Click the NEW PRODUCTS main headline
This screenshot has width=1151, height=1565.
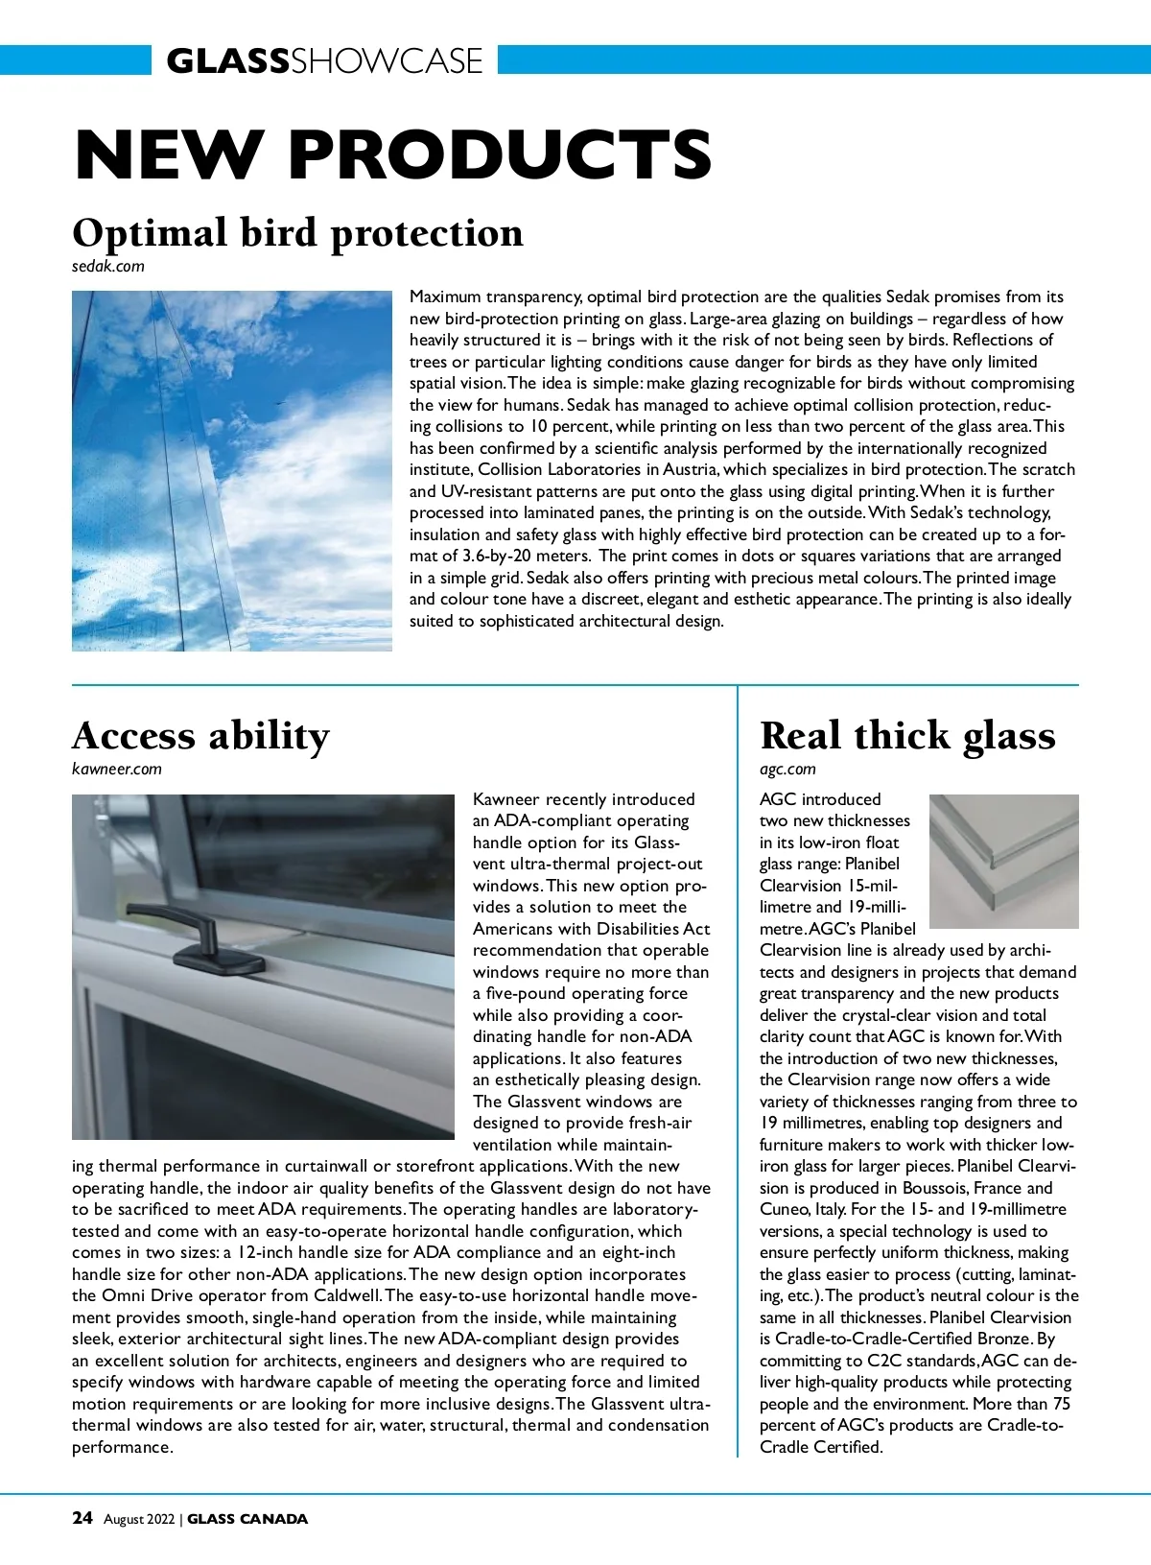[393, 154]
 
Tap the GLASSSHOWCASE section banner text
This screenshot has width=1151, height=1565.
[324, 61]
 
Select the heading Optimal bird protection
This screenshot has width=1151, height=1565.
[297, 233]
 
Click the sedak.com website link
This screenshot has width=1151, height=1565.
[108, 267]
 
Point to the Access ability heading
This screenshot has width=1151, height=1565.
[200, 736]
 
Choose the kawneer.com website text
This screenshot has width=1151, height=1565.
[117, 769]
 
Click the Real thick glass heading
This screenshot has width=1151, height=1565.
[907, 736]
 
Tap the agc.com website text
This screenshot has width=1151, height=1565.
[787, 769]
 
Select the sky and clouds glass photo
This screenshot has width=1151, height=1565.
[232, 471]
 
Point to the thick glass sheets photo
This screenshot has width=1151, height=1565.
[1003, 861]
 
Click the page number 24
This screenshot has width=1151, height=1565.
[82, 1518]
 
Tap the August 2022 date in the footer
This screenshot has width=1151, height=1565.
[139, 1519]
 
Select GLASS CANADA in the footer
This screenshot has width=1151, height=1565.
[247, 1519]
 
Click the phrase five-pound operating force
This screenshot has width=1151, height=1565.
[587, 994]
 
